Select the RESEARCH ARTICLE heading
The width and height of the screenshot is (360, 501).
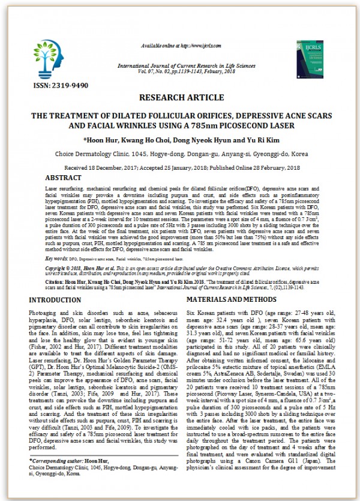(179, 97)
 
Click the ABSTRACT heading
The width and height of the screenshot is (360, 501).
(64, 178)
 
